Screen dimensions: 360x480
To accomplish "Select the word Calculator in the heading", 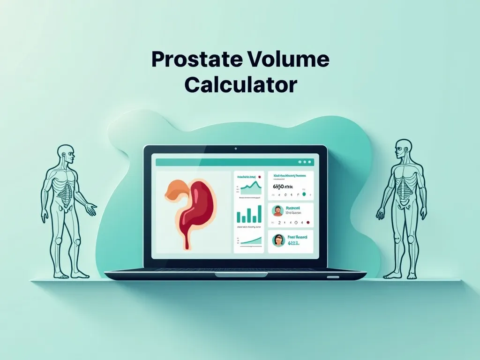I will pyautogui.click(x=240, y=85).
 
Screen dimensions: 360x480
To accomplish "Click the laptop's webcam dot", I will pyautogui.click(x=235, y=150).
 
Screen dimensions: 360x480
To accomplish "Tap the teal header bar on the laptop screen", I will pyautogui.click(x=234, y=162).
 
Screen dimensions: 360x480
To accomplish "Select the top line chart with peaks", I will pyautogui.click(x=249, y=188).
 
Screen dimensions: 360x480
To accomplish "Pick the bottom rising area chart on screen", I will pyautogui.click(x=249, y=240).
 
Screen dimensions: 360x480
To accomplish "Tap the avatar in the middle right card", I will pyautogui.click(x=277, y=210).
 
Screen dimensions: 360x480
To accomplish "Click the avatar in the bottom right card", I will pyautogui.click(x=278, y=240).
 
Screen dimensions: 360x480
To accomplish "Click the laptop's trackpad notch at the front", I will pyautogui.click(x=333, y=277).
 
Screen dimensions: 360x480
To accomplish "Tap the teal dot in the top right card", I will pyautogui.click(x=303, y=194).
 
